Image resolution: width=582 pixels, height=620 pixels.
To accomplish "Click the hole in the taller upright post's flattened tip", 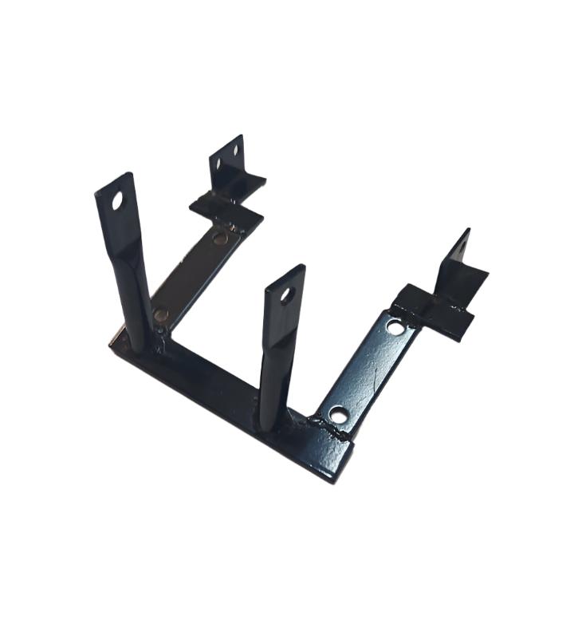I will pos(117,202).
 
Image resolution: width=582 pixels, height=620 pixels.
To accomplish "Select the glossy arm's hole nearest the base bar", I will pos(338,415).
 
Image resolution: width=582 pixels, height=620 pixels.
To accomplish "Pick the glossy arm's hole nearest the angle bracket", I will pos(395,326).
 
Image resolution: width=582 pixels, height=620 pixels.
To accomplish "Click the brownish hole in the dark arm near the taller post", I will pos(162,314).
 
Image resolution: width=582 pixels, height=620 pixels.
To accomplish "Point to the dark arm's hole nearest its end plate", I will pos(219,237).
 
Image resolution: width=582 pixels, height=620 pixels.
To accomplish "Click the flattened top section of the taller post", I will pos(118,211).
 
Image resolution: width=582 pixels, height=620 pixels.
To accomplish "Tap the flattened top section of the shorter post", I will pos(284,299).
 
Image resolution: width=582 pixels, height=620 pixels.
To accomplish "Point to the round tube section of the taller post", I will pos(136,303).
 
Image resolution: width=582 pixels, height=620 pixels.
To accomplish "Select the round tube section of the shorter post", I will pos(272,383).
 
